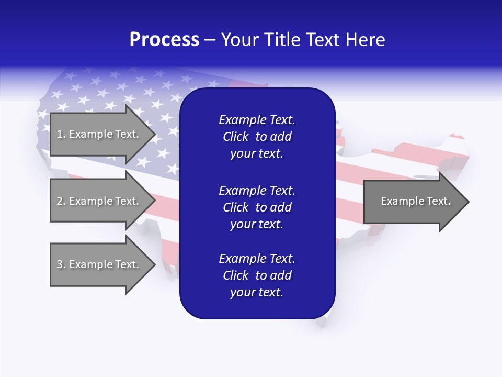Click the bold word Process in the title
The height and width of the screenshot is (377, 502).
click(x=164, y=40)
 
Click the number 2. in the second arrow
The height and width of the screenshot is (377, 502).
click(x=61, y=201)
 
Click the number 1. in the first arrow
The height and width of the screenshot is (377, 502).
click(x=61, y=134)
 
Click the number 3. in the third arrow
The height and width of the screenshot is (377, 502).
click(x=61, y=264)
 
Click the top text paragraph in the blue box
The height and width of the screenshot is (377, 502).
click(x=257, y=137)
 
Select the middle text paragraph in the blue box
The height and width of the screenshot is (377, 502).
click(x=257, y=207)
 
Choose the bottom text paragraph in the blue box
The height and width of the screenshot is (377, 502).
click(x=257, y=275)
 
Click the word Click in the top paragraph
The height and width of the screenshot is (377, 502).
click(x=235, y=137)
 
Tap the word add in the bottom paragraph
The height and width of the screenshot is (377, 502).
click(x=281, y=275)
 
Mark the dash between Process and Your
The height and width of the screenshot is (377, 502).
click(x=210, y=40)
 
